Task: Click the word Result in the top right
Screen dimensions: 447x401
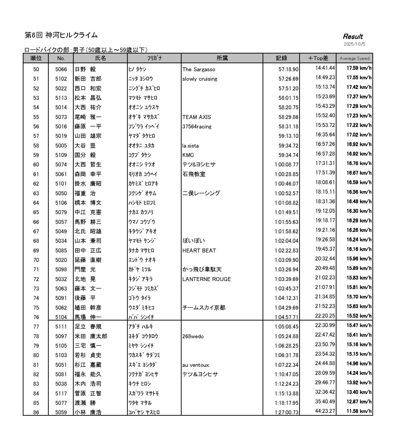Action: (x=353, y=36)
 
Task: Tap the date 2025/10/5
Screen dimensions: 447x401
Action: (x=354, y=44)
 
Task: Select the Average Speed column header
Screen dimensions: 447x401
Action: (x=354, y=58)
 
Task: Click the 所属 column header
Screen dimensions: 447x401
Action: (x=222, y=58)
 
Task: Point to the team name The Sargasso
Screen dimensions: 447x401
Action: (x=199, y=70)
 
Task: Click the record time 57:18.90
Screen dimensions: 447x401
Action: (x=288, y=70)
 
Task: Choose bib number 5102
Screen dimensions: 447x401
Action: (x=61, y=79)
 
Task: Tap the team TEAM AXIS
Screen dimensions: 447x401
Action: (x=197, y=117)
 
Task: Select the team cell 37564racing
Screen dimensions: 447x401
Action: (x=197, y=127)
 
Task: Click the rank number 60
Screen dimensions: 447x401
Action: (x=36, y=165)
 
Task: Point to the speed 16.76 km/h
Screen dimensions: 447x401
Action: (x=359, y=163)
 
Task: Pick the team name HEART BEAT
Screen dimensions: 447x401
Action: (x=199, y=250)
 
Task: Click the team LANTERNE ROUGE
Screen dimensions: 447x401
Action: (x=206, y=279)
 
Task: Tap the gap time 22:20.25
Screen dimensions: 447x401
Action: (x=325, y=316)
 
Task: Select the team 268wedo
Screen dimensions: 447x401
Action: (x=193, y=337)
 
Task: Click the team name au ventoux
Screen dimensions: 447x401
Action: (x=195, y=365)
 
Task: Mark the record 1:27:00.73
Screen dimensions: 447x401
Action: (x=286, y=412)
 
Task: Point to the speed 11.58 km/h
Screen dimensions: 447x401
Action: (x=359, y=411)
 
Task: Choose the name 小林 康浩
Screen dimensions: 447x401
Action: (x=88, y=412)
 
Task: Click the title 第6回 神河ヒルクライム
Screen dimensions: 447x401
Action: (x=61, y=35)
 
